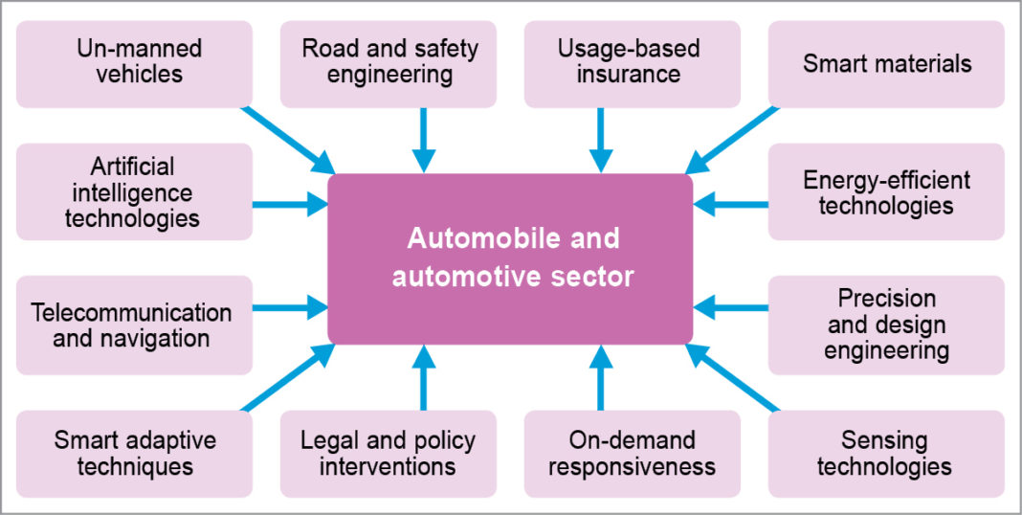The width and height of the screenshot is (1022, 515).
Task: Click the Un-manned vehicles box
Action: click(x=134, y=63)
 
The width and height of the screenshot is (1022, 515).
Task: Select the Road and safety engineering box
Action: click(x=389, y=63)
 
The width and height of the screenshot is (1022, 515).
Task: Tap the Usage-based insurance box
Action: click(x=632, y=63)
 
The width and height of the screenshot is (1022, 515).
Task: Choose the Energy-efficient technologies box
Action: click(x=886, y=191)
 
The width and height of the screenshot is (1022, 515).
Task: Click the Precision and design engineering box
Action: click(x=886, y=324)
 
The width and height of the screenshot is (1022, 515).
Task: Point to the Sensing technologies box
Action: click(x=886, y=454)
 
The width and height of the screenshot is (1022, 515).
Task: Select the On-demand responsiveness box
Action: click(x=632, y=454)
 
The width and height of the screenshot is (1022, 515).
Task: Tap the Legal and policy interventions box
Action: click(x=389, y=454)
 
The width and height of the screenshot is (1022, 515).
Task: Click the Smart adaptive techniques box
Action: click(x=134, y=454)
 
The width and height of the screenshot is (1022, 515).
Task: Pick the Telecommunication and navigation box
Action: click(x=134, y=324)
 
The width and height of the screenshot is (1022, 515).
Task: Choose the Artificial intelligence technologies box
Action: click(x=134, y=191)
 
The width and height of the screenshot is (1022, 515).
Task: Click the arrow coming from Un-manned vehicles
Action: click(x=287, y=138)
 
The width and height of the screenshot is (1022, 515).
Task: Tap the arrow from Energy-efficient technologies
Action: click(x=731, y=203)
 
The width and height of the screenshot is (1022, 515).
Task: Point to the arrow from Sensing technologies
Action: click(x=732, y=378)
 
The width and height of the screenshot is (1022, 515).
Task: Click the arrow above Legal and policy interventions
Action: click(x=422, y=377)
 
